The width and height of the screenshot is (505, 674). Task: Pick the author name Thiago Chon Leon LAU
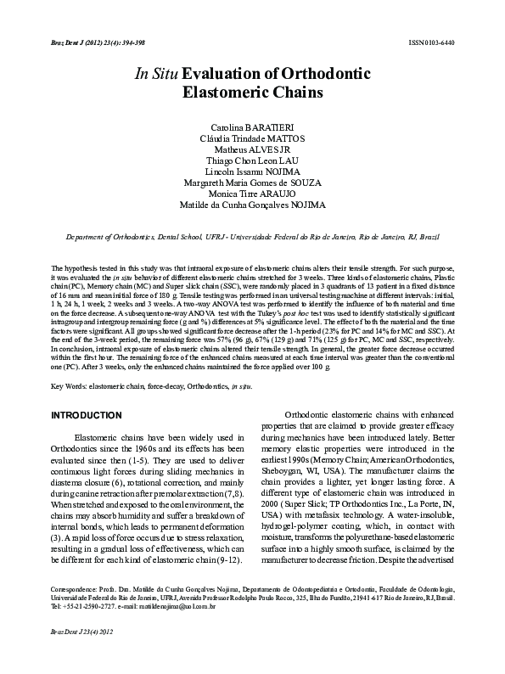pos(252,159)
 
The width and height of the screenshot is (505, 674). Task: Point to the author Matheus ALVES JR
pos(252,147)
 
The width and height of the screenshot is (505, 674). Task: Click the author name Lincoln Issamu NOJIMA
pos(252,171)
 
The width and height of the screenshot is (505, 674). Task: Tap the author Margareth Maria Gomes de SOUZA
pos(252,182)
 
